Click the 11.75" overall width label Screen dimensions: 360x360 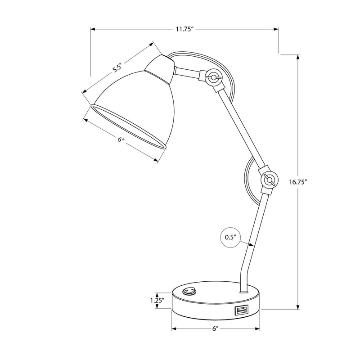click(184, 29)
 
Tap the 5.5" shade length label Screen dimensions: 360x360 click(117, 68)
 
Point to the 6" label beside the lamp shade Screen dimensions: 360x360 click(121, 140)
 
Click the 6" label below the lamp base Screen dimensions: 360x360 click(216, 329)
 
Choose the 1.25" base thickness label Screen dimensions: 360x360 click(157, 300)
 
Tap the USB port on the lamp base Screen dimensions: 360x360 click(240, 310)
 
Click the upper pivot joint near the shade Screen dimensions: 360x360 click(212, 78)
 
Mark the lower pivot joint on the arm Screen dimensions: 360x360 click(269, 180)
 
